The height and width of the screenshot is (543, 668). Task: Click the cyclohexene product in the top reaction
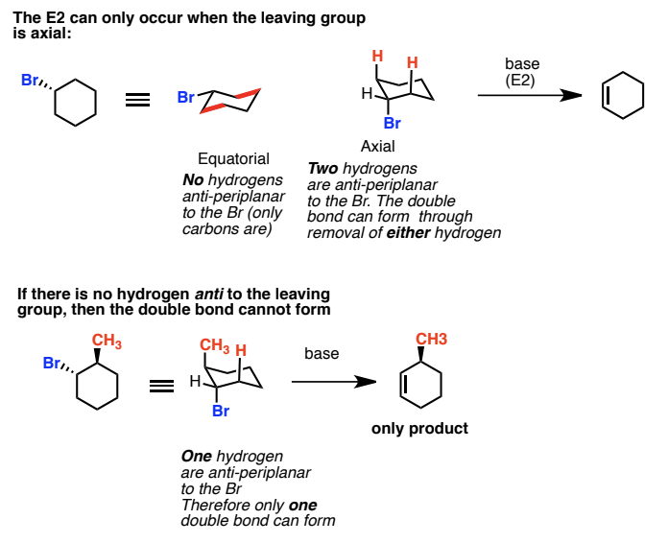point(622,96)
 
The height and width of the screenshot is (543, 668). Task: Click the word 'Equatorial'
point(233,158)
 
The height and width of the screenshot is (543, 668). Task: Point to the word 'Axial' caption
point(378,147)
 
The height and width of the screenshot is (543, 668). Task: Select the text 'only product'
point(419,428)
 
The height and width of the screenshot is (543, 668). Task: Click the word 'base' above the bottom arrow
point(322,354)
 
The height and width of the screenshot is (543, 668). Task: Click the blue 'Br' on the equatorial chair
point(186,97)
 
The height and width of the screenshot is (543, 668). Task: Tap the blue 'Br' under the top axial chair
point(392,124)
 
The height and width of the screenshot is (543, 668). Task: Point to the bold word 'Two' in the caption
point(322,168)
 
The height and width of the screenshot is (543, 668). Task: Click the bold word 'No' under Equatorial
point(192,180)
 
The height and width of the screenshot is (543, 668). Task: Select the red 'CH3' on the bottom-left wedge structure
point(107,341)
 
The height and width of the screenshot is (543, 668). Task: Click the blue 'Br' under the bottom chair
point(221,412)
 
